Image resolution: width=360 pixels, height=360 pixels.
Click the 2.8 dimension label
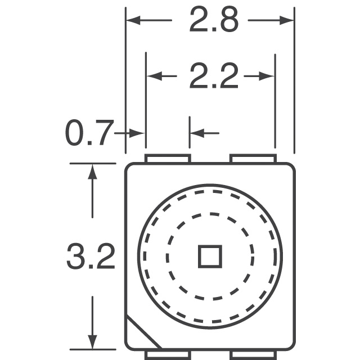(x=214, y=21)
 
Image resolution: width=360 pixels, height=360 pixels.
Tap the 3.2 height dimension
(x=91, y=258)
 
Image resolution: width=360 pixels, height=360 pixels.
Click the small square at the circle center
(x=210, y=256)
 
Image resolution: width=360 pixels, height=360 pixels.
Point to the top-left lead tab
(x=167, y=159)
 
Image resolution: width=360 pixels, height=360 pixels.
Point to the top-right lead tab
(x=253, y=159)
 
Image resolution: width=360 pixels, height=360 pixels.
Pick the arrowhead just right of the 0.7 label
(x=138, y=133)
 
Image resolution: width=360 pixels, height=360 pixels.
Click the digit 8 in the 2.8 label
(x=228, y=21)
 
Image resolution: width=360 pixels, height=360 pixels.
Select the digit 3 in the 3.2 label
(x=76, y=258)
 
